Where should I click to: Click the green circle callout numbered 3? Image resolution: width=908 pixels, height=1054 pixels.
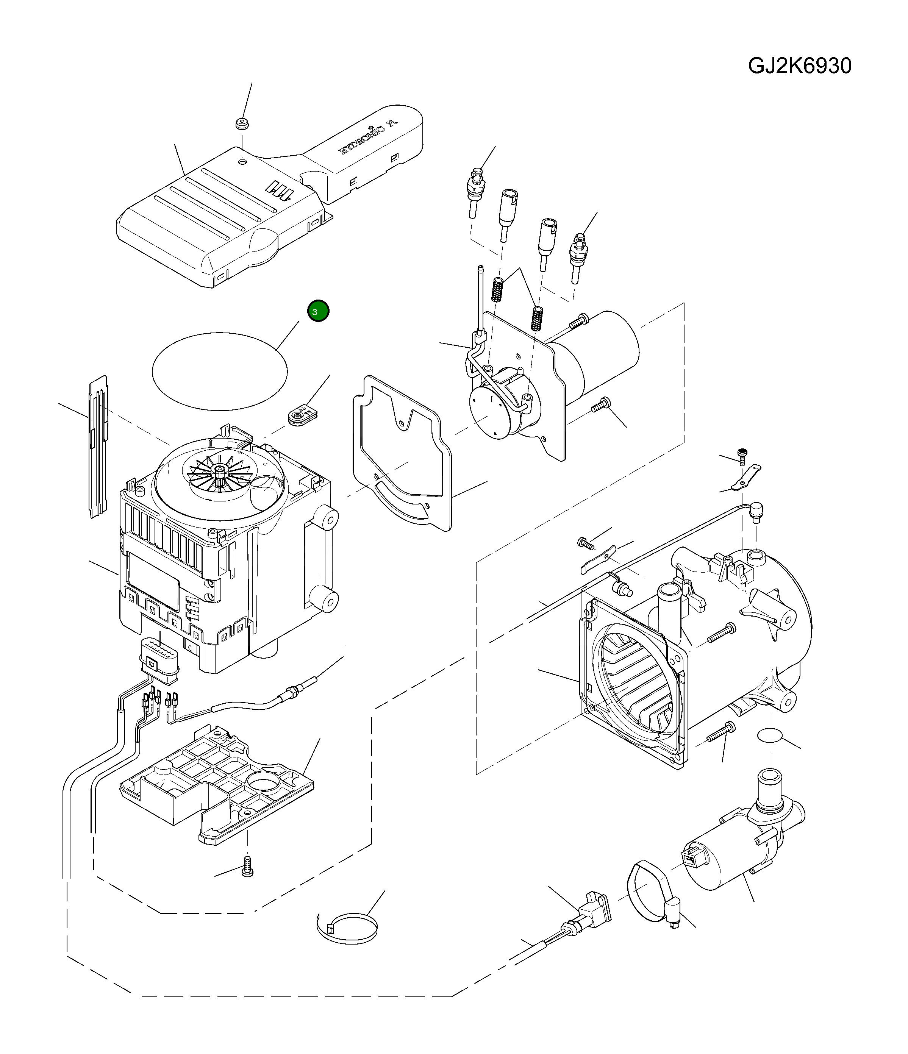click(x=318, y=311)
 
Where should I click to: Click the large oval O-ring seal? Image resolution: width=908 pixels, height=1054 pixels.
click(x=220, y=371)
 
